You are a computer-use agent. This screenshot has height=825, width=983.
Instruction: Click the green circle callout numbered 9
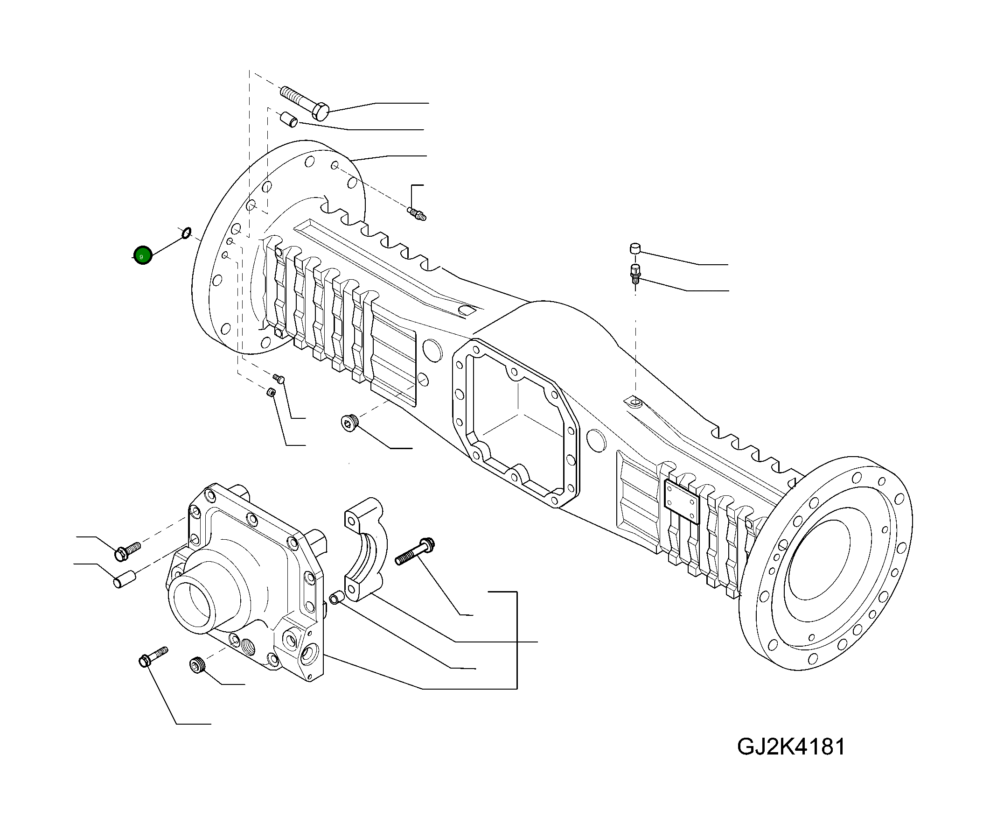143,255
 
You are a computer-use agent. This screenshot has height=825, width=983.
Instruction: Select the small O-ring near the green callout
186,233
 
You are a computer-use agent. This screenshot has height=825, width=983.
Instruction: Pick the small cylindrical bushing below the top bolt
289,119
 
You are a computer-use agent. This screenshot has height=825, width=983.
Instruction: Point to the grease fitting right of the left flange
417,214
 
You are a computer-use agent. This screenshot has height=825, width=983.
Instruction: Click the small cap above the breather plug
635,248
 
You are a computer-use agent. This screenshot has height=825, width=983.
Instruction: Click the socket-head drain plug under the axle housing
349,423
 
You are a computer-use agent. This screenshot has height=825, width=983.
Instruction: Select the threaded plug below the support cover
197,666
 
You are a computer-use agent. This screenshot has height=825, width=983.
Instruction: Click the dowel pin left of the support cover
124,580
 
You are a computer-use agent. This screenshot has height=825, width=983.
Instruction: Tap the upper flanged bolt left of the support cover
127,551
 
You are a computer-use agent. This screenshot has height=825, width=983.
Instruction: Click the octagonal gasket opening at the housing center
515,422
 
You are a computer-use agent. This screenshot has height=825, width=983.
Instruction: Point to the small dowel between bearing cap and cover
335,598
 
